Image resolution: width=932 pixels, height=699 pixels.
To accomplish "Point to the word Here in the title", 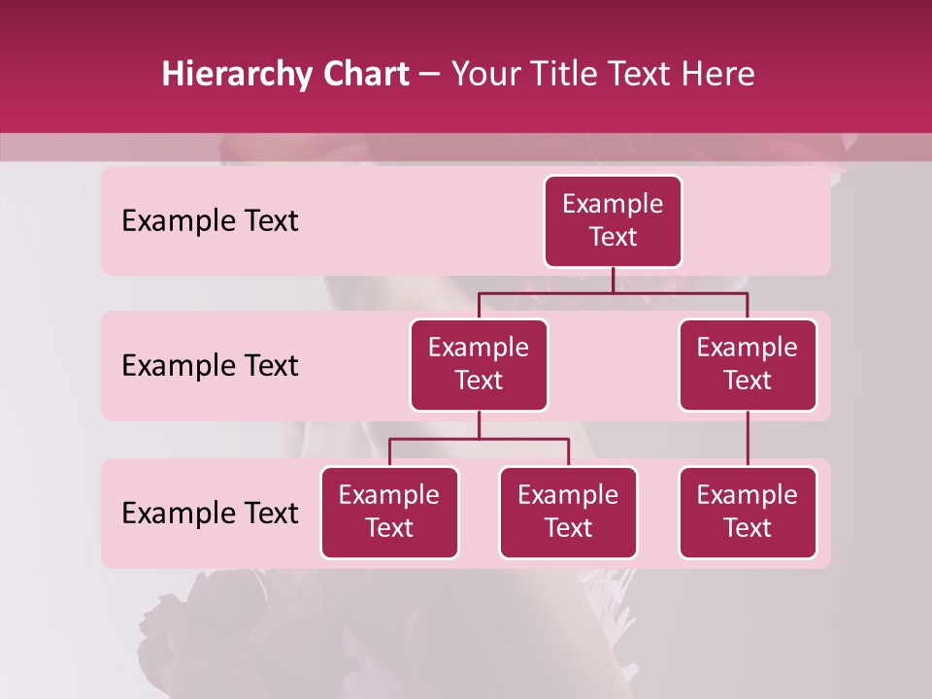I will coord(718,75).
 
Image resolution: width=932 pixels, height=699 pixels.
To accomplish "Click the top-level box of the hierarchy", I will coord(613,220).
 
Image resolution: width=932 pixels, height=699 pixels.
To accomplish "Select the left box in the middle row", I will coord(479,364).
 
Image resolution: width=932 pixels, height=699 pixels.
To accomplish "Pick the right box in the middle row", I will coord(748,364).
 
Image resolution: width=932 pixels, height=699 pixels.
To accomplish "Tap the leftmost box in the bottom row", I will coord(389,512).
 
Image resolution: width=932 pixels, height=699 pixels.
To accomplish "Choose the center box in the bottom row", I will coord(568,512).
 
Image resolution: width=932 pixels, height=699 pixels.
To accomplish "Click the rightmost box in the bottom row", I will coord(748,512).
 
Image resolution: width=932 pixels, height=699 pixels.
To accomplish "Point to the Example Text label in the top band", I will coord(210,221).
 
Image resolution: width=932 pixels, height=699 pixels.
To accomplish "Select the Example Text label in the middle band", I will coord(210,366).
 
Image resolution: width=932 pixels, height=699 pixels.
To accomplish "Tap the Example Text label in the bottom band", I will coord(210,513).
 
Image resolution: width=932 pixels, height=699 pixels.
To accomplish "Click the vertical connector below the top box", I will coord(613,280).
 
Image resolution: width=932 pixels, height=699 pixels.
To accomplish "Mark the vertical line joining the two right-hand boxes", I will coord(748,439).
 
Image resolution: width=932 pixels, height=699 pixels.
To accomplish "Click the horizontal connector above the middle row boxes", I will coord(613,292).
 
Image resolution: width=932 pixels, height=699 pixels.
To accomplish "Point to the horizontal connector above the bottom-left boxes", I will coord(479,439).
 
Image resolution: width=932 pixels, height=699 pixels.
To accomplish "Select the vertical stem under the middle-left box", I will coord(479,424).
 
